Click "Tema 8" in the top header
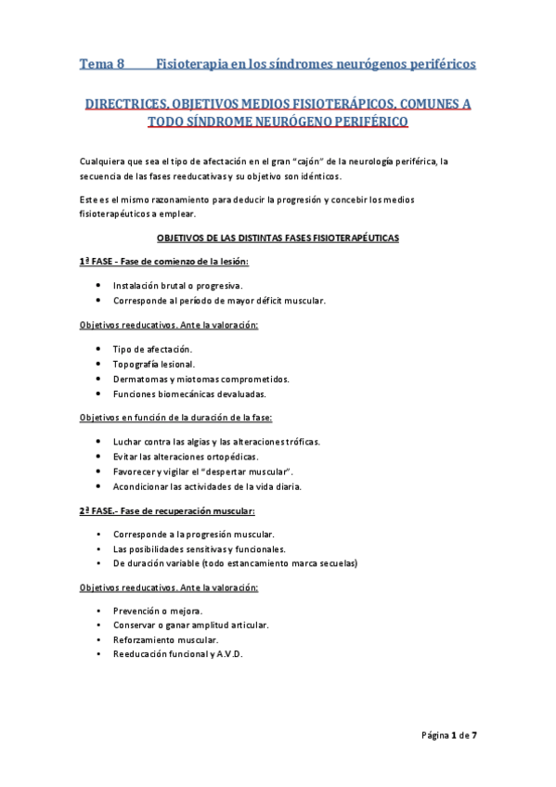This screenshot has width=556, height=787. pos(102,65)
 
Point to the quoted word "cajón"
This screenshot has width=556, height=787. pos(285,160)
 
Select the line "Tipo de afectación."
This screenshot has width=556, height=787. pos(152,348)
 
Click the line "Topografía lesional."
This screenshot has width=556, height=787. pos(154,363)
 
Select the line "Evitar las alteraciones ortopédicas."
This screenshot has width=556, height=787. pos(185,456)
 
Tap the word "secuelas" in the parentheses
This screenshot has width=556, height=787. pos(337,563)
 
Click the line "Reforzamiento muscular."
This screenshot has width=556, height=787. pos(166,640)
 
